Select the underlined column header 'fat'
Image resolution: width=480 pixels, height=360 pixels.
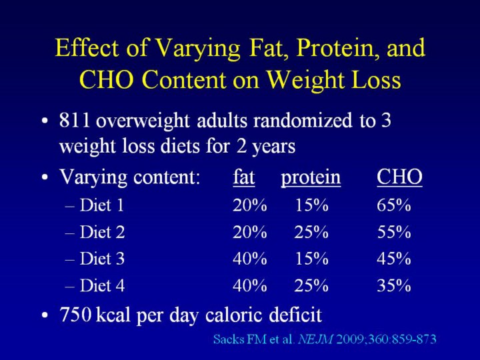[243, 178]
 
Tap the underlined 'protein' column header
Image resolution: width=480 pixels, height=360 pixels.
[311, 179]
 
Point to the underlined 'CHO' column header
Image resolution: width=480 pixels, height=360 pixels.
[399, 178]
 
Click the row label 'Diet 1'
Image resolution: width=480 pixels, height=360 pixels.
[101, 206]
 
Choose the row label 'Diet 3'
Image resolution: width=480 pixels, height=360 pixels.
[102, 259]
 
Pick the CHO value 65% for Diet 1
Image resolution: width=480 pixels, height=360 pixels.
[393, 206]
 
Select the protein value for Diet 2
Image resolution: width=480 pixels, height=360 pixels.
[312, 233]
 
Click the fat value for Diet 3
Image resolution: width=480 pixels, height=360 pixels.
[249, 259]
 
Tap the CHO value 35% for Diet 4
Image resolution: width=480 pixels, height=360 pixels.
[393, 286]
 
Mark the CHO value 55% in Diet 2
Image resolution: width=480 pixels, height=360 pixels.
[393, 233]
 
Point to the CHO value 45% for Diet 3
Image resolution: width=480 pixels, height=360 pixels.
[393, 259]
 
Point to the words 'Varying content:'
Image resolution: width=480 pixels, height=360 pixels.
[130, 178]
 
